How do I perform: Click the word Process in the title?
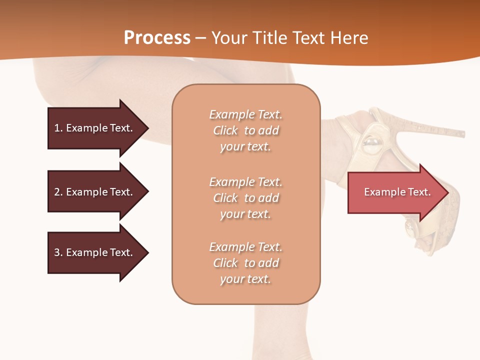[157, 38]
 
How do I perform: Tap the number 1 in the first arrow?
[57, 128]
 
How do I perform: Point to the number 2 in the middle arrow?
[57, 192]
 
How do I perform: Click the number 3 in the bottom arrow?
[57, 252]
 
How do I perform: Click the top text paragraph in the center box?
[245, 130]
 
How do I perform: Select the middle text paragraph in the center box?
[245, 198]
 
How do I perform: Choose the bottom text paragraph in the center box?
[245, 263]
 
